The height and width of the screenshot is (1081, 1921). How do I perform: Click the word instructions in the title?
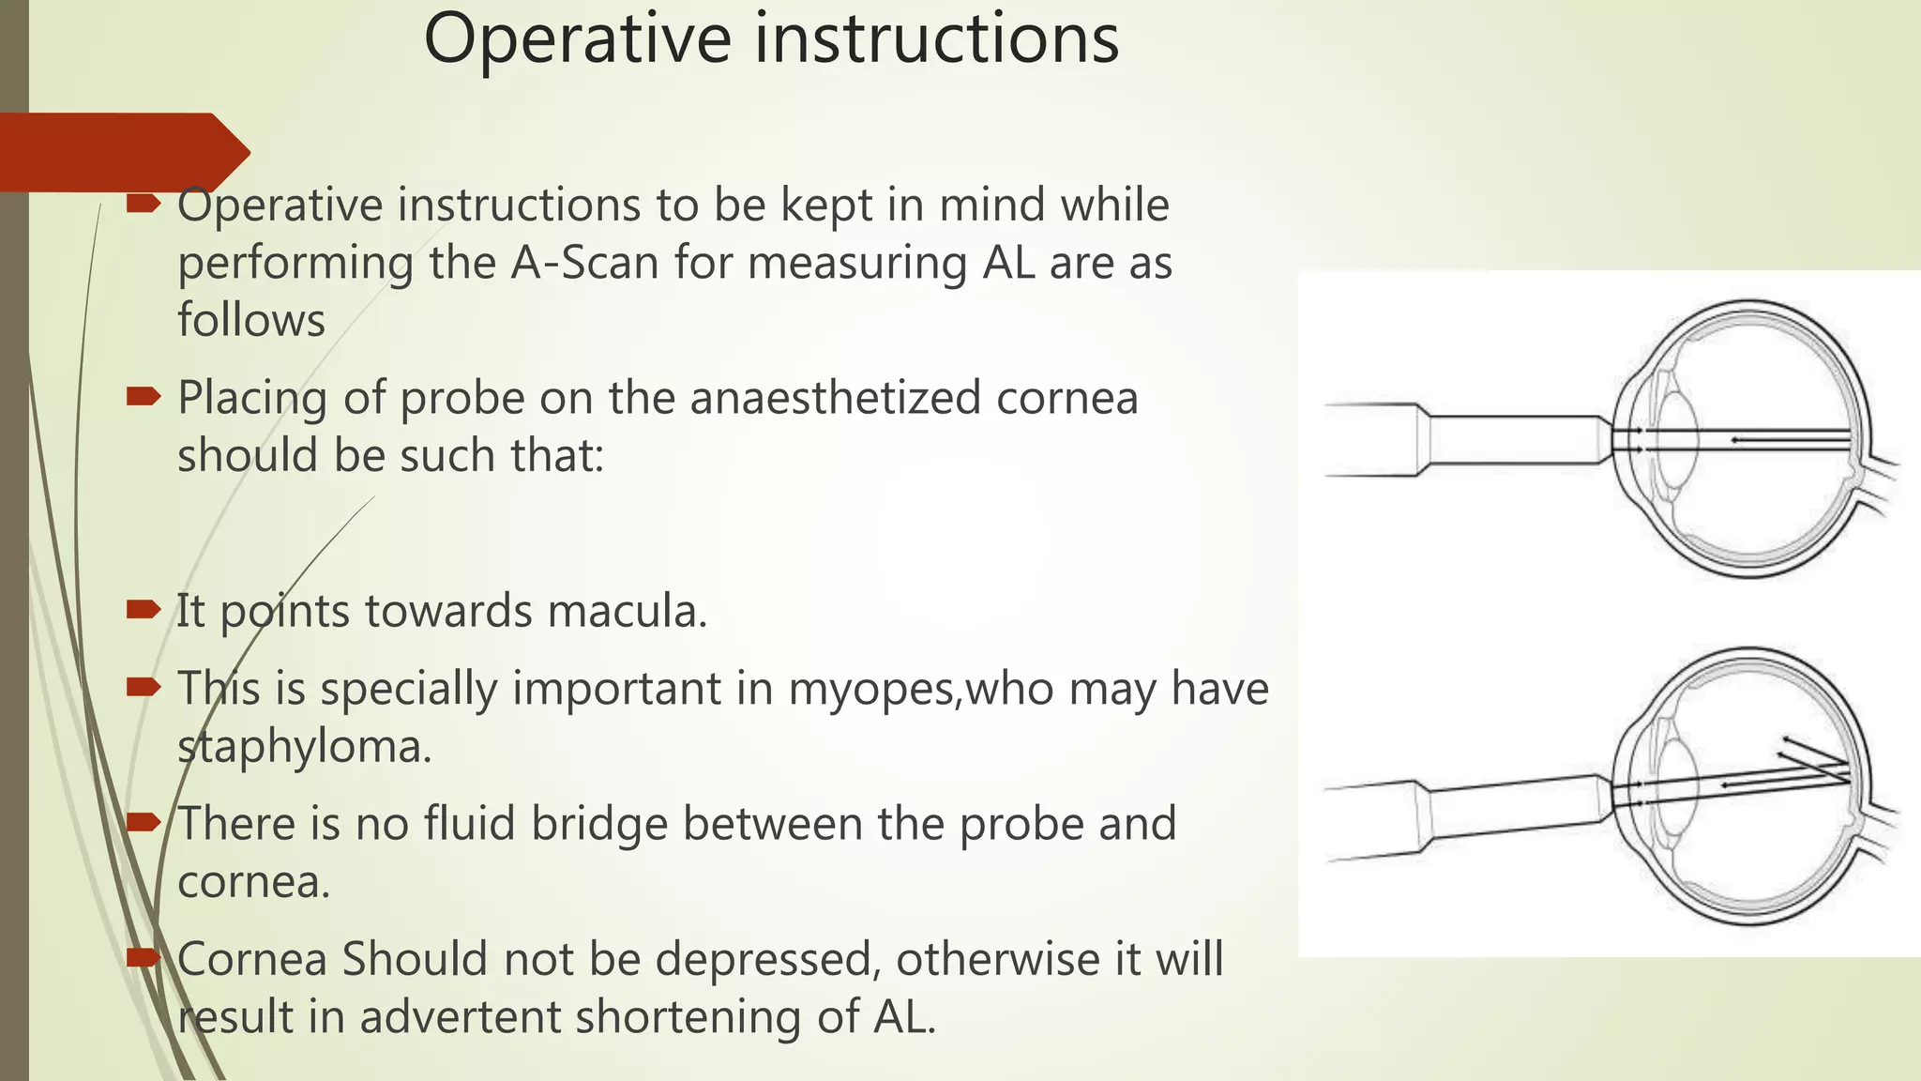[938, 39]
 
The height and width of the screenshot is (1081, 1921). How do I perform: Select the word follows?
[251, 320]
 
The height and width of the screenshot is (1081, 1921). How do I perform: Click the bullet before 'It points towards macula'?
[144, 611]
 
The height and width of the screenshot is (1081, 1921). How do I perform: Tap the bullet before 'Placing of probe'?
[144, 398]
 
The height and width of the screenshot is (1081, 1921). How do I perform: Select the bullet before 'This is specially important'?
[144, 689]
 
